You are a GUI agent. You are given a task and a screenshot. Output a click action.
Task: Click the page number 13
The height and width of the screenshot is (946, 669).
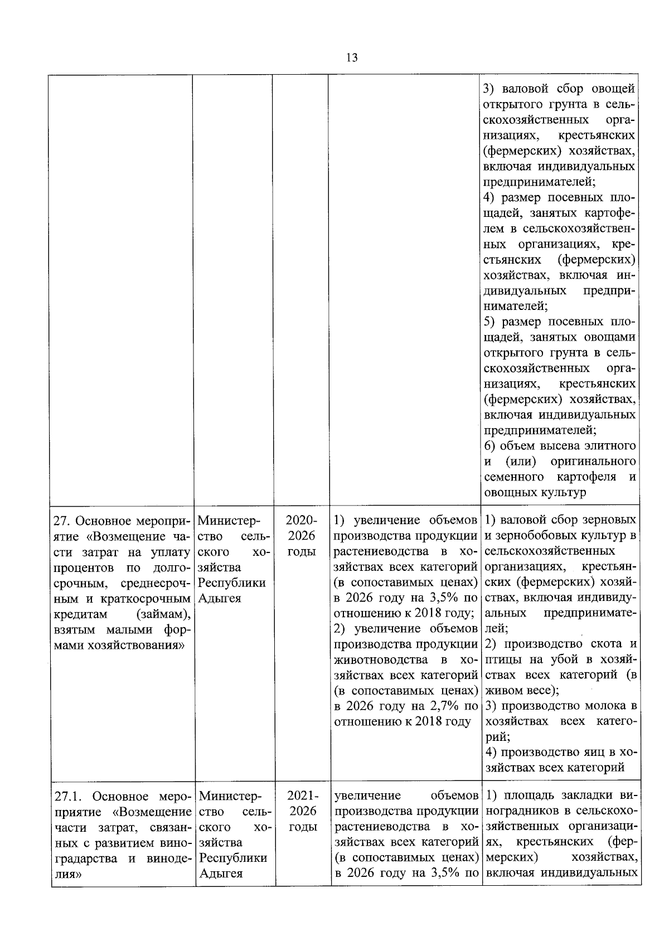[x=352, y=58]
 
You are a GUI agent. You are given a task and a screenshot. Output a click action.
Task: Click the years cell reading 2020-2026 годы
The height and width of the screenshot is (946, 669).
[x=301, y=536]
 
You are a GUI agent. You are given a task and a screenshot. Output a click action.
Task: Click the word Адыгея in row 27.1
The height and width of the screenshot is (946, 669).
[x=221, y=874]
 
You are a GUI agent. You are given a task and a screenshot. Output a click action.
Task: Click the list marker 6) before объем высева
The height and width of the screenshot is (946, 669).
[x=490, y=446]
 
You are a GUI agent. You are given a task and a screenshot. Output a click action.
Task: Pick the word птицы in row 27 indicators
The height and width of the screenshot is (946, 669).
[x=501, y=660]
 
